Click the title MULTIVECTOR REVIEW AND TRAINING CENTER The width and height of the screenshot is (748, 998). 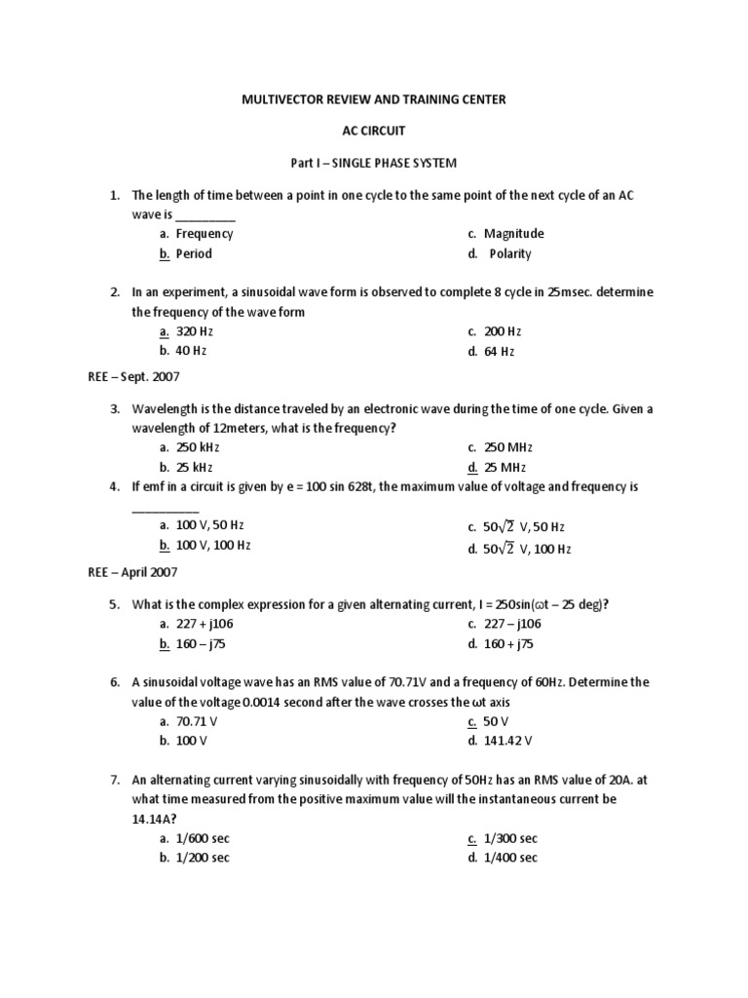pyautogui.click(x=373, y=100)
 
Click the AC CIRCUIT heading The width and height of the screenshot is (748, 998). pyautogui.click(x=373, y=131)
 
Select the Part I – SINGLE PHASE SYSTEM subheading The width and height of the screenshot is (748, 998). pyautogui.click(x=373, y=161)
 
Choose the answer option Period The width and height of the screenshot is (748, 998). pyautogui.click(x=193, y=254)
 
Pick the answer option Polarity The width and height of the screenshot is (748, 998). pyautogui.click(x=510, y=254)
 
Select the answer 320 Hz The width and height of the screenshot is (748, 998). pyautogui.click(x=193, y=331)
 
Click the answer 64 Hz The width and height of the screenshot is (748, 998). pyautogui.click(x=499, y=351)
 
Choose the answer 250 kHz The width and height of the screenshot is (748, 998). pyautogui.click(x=198, y=447)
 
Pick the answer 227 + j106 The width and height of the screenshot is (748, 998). pyautogui.click(x=204, y=625)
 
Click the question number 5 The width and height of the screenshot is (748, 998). pyautogui.click(x=114, y=605)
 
